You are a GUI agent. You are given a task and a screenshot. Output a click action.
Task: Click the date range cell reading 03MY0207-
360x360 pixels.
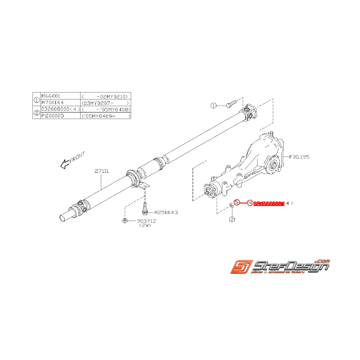105,102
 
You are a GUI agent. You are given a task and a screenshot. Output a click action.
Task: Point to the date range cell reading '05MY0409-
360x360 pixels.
105,116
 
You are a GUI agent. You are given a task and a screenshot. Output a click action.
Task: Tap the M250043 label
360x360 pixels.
166,212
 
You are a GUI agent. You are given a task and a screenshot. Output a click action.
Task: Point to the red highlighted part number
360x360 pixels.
269,203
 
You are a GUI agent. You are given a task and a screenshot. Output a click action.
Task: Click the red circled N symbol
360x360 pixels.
250,203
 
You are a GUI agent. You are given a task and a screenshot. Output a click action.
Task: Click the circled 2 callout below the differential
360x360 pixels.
232,219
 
